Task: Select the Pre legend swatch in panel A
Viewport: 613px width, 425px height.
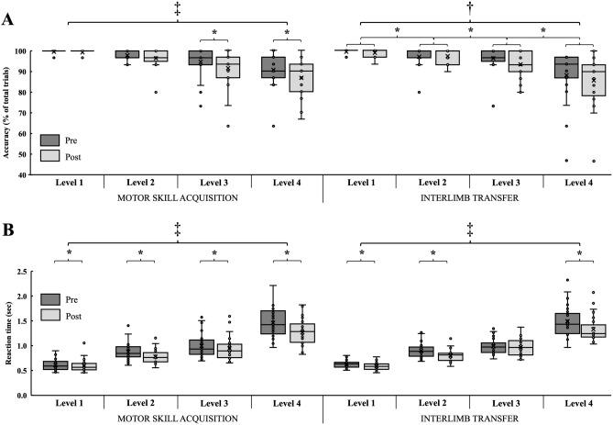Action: [x=50, y=140]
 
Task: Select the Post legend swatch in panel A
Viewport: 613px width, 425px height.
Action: [x=50, y=156]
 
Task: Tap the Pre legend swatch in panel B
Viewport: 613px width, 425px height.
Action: [x=50, y=298]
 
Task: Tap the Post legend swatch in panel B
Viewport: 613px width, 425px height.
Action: [x=50, y=315]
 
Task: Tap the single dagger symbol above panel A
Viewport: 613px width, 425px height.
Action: [x=468, y=8]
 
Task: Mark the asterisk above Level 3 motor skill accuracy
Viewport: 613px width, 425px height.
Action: [x=214, y=33]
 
